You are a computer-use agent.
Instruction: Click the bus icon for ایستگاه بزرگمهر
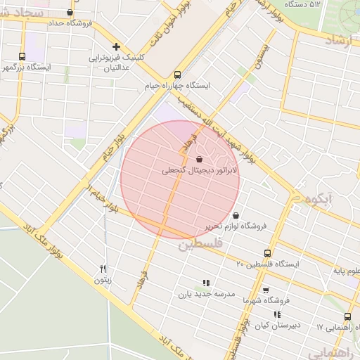[x=22, y=56]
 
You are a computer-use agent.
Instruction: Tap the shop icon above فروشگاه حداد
[x=69, y=13]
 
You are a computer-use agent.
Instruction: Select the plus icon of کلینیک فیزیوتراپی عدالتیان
[x=116, y=46]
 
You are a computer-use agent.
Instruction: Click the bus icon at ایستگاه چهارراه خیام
[x=176, y=73]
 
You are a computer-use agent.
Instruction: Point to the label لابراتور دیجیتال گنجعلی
[x=200, y=170]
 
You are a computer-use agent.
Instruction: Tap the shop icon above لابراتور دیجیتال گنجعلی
[x=200, y=159]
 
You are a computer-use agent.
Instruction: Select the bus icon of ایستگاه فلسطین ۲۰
[x=266, y=252]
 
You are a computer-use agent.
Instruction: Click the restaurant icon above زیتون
[x=103, y=269]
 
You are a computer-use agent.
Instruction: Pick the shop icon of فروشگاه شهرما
[x=265, y=289]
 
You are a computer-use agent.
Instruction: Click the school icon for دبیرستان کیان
[x=277, y=314]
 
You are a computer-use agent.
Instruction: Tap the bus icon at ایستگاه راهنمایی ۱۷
[x=348, y=316]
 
